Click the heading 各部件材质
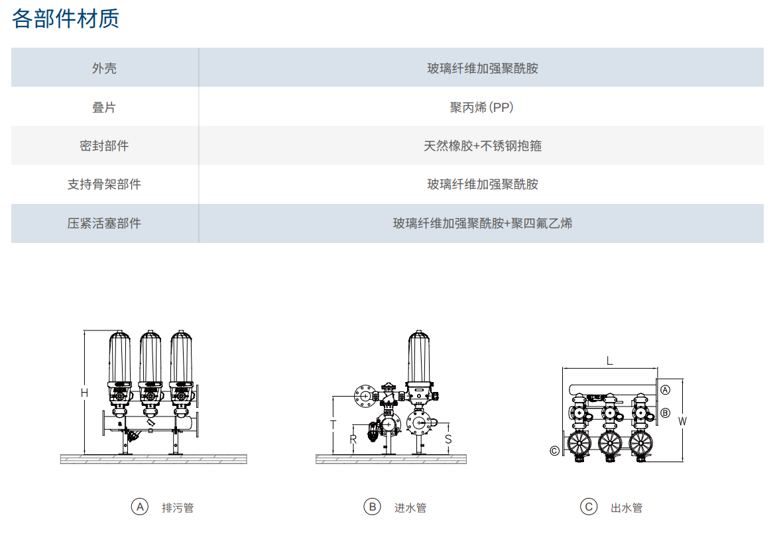click(x=66, y=19)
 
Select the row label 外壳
click(x=104, y=68)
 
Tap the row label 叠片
click(x=104, y=107)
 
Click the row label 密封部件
click(x=104, y=146)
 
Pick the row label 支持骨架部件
click(x=104, y=184)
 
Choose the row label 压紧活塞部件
click(x=104, y=223)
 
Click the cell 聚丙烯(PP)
click(x=481, y=107)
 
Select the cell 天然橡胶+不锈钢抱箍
click(x=482, y=146)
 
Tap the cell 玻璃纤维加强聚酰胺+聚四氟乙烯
click(x=482, y=223)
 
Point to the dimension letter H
click(x=84, y=393)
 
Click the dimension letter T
click(x=333, y=424)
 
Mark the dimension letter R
click(x=353, y=439)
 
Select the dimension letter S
click(x=448, y=439)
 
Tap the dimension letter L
click(x=609, y=361)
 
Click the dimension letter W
click(x=682, y=420)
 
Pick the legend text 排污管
click(x=178, y=508)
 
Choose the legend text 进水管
click(x=410, y=508)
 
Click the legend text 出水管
click(x=627, y=508)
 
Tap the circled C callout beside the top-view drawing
click(x=554, y=451)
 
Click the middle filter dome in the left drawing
click(x=150, y=358)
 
